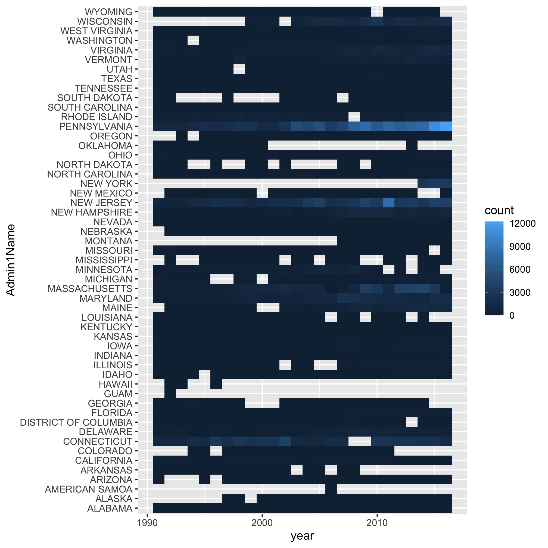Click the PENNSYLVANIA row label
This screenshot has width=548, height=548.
point(96,126)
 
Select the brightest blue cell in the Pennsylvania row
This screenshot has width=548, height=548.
point(446,126)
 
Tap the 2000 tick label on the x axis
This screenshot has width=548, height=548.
point(262,523)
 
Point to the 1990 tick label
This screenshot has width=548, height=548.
point(147,523)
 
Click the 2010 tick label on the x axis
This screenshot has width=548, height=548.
point(377,523)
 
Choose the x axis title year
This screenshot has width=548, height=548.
point(302,536)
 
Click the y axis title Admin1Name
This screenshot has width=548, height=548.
point(11,260)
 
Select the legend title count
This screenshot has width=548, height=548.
point(499,210)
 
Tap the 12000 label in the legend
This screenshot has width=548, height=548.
point(522,223)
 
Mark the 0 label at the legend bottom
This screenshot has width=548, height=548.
point(512,315)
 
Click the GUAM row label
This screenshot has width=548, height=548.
point(118,394)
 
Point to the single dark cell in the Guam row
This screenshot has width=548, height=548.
point(170,394)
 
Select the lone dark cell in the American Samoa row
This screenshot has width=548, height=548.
point(331,489)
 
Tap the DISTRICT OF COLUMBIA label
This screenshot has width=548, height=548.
point(76,423)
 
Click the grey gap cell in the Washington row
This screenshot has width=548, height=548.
point(193,41)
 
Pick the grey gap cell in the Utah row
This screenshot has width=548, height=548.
point(239,69)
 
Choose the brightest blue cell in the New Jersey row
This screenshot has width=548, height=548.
point(389,203)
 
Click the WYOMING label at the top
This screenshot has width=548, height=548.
point(108,12)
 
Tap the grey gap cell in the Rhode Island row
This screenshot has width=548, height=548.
point(354,117)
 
